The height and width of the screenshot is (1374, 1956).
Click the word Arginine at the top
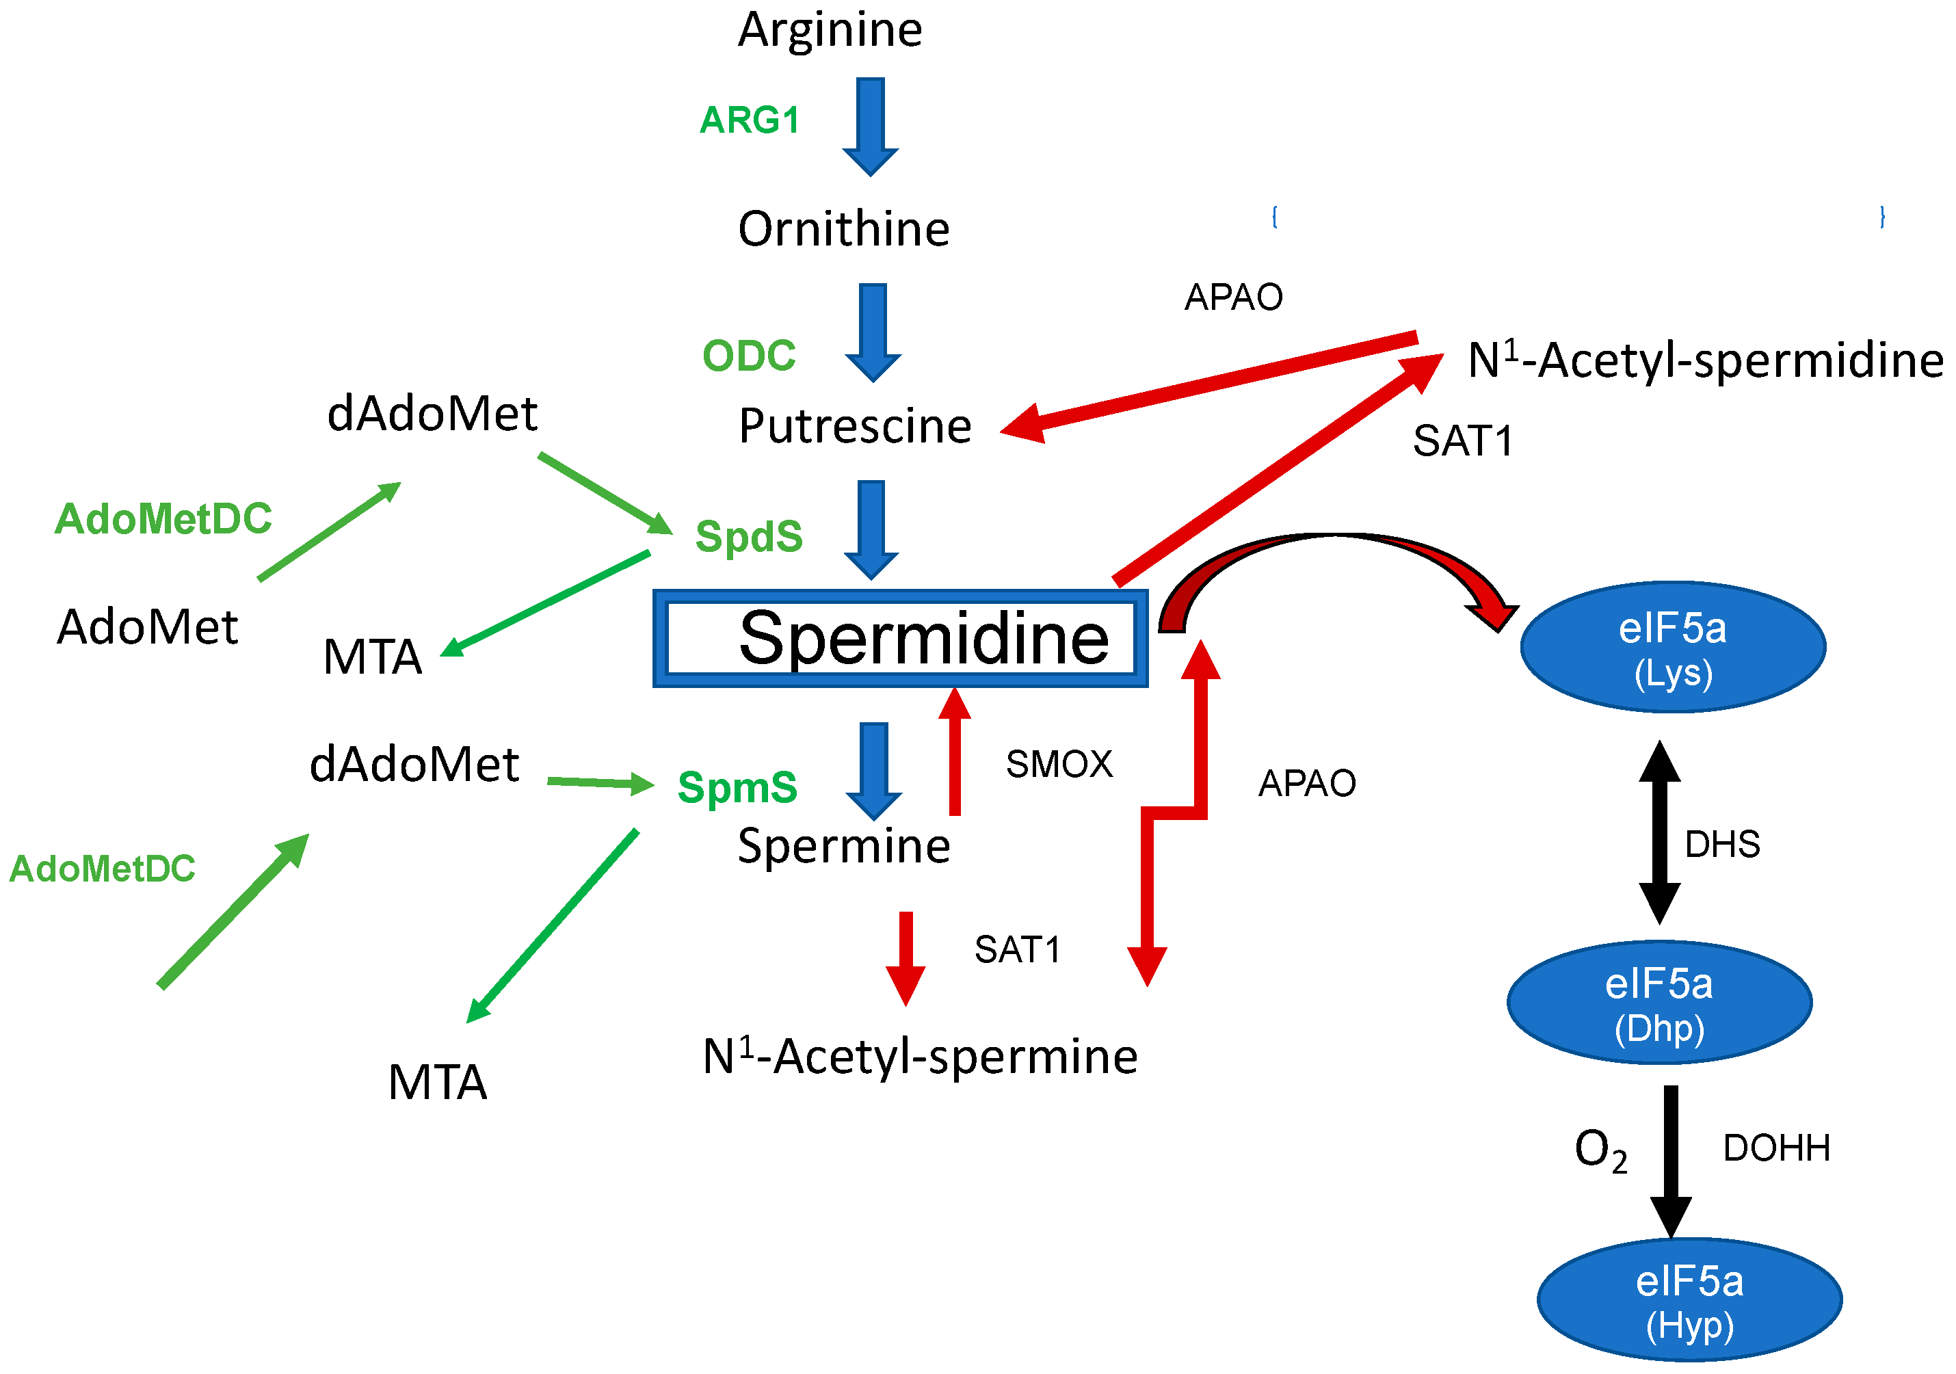coord(830,31)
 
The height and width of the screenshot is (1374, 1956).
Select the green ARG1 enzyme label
coord(750,120)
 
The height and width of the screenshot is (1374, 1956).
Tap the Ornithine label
coord(843,229)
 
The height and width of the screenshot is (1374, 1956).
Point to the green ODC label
coord(749,355)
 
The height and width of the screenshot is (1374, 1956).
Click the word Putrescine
coord(854,426)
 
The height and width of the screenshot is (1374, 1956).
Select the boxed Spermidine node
coord(901,638)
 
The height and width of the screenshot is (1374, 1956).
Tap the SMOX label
coord(1059,764)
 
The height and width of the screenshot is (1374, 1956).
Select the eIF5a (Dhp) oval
coord(1658,1003)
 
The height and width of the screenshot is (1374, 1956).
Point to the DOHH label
coord(1776,1148)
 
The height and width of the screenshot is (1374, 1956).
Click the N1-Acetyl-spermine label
coord(920,1057)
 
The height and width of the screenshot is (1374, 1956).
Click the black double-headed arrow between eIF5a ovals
coord(1660,832)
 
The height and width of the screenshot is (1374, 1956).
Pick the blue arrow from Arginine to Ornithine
coord(871,126)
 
